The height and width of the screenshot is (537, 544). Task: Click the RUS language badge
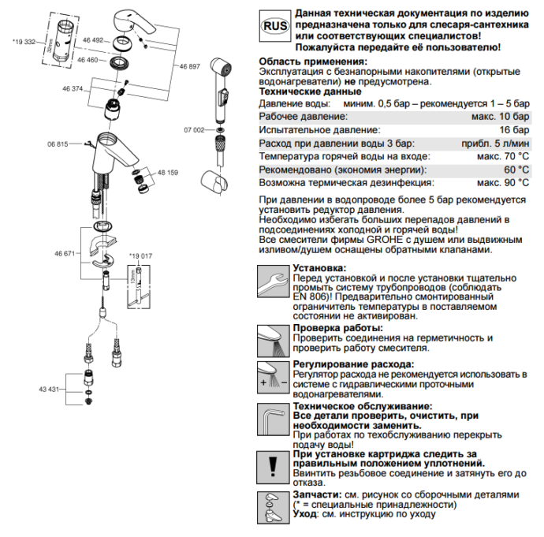(x=275, y=26)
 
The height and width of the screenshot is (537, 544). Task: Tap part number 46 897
(x=190, y=66)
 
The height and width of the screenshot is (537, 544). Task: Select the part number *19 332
(x=24, y=42)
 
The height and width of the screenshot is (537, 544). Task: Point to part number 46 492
(x=93, y=40)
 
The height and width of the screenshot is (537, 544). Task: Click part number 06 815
(x=58, y=144)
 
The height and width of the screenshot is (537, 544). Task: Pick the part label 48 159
(x=168, y=173)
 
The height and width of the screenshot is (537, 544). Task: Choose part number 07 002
(x=194, y=130)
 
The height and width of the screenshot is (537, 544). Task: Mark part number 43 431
(x=49, y=390)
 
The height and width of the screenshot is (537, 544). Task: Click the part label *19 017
(x=140, y=256)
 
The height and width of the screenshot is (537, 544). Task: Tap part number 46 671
(x=65, y=254)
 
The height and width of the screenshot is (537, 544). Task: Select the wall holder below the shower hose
(x=214, y=182)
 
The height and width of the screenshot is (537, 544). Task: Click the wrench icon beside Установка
(x=273, y=282)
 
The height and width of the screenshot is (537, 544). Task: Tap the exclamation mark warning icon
(x=273, y=468)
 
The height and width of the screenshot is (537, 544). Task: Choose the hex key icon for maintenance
(x=273, y=420)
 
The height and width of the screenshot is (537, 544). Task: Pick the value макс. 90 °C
(x=503, y=182)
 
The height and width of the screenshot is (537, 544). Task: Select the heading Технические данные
(x=310, y=91)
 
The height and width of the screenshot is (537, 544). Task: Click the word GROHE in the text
(x=385, y=240)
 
